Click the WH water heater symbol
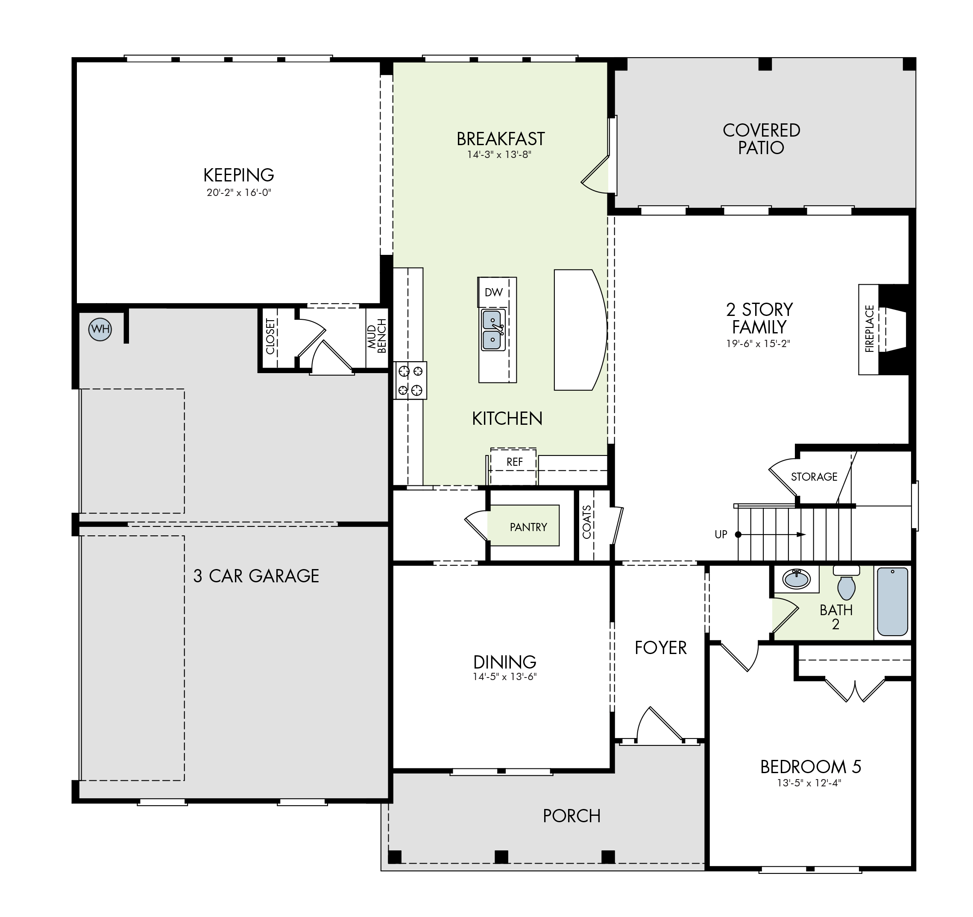click(100, 329)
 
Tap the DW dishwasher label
click(494, 292)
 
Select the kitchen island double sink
click(493, 330)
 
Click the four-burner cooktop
click(410, 380)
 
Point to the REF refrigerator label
click(514, 461)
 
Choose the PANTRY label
click(528, 527)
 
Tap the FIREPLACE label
click(869, 329)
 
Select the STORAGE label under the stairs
click(815, 476)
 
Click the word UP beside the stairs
click(721, 534)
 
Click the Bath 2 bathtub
click(893, 602)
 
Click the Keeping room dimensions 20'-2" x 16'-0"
click(239, 192)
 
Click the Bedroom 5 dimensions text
click(809, 783)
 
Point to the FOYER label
click(661, 648)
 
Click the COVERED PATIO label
click(762, 139)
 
